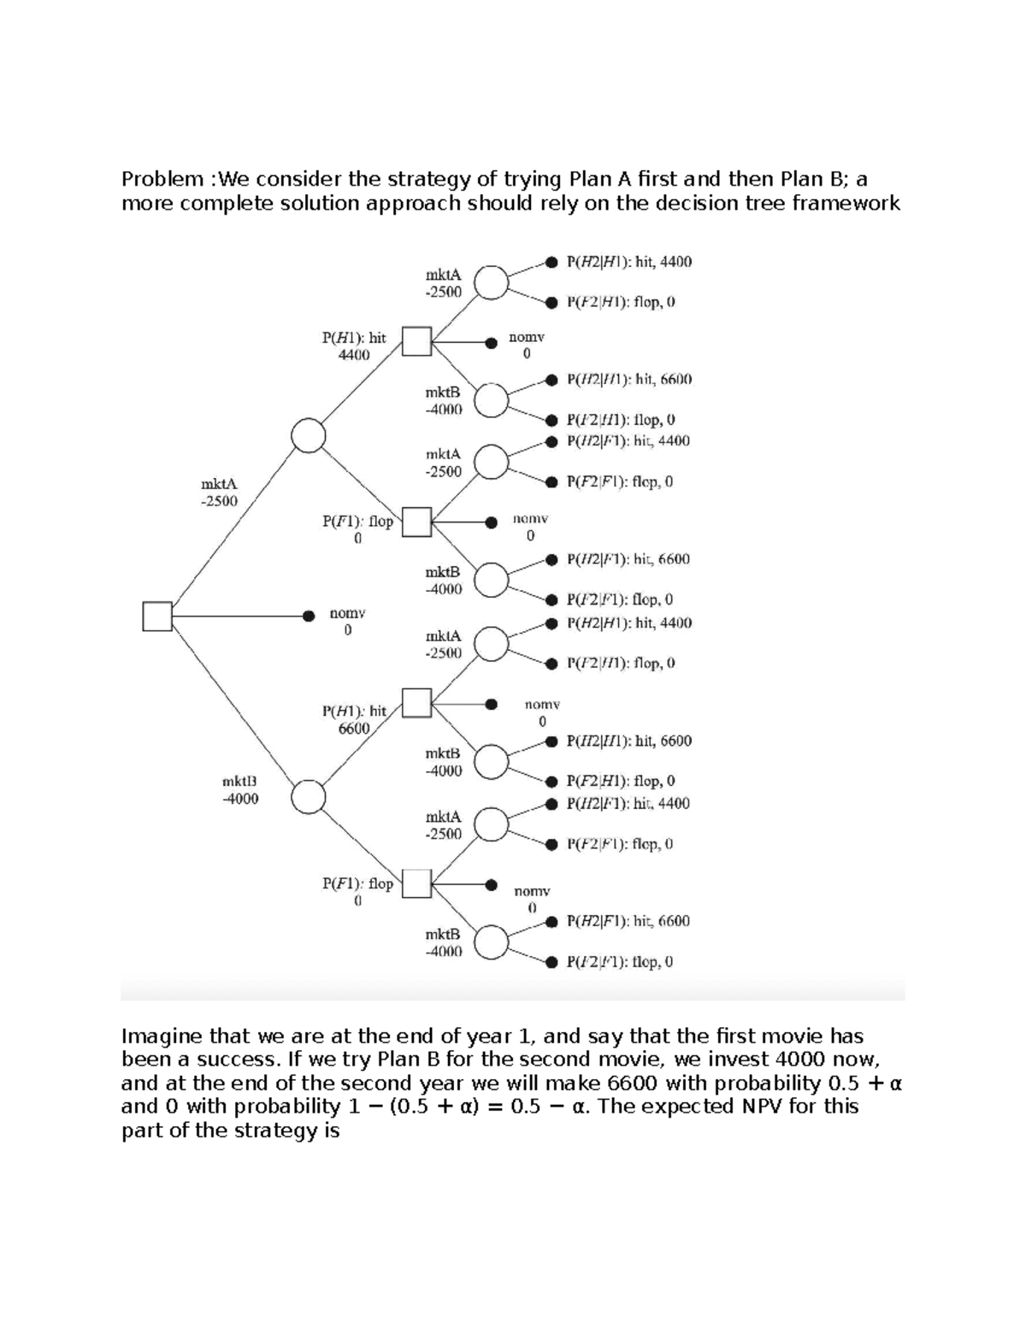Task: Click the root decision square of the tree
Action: point(157,616)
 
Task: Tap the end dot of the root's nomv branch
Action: point(309,615)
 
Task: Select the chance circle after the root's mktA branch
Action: point(309,435)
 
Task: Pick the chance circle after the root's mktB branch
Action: point(309,797)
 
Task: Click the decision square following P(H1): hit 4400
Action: point(416,341)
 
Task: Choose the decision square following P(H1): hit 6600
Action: point(416,703)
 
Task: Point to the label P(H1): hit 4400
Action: point(354,345)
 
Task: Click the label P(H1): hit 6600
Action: point(354,719)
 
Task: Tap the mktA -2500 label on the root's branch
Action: point(219,493)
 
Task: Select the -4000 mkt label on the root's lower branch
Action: point(239,790)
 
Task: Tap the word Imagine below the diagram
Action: point(162,1036)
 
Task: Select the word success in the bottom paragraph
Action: point(212,1060)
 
